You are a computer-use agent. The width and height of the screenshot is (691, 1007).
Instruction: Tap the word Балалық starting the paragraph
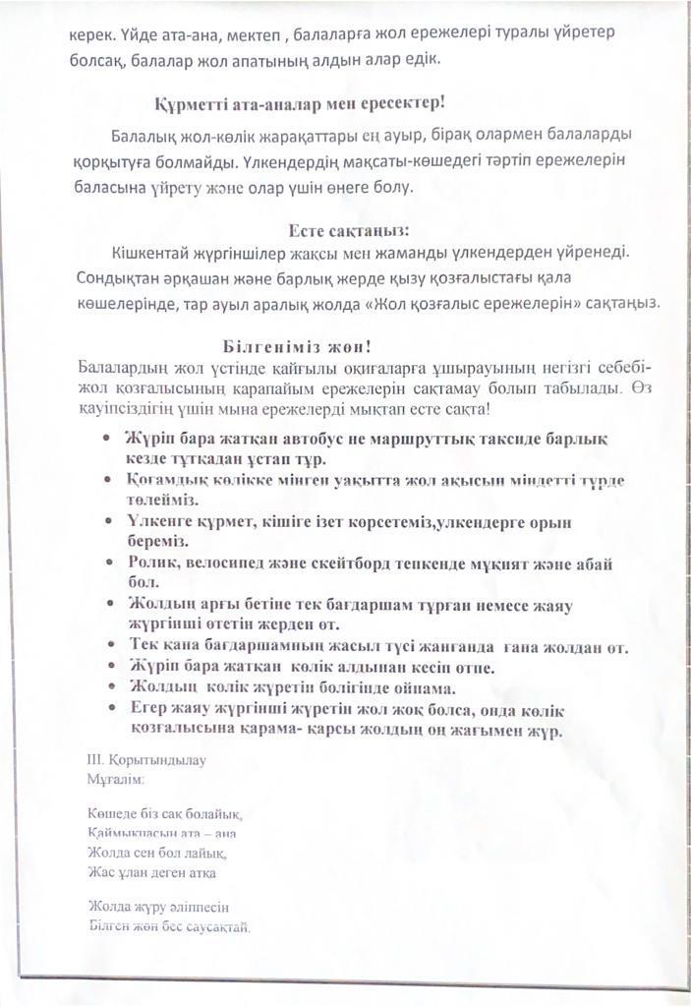click(x=139, y=135)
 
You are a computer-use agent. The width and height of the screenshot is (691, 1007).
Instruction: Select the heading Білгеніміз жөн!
click(x=296, y=346)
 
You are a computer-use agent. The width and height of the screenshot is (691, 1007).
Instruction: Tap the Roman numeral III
click(x=95, y=759)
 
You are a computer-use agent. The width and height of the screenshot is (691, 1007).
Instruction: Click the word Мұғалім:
click(x=116, y=779)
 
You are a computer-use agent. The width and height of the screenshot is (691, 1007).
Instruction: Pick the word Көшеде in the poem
click(x=109, y=814)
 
